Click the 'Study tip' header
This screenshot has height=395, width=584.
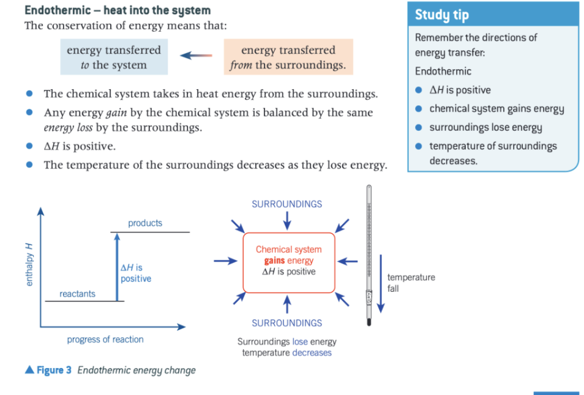tap(441, 15)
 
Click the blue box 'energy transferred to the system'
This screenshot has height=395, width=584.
tap(114, 57)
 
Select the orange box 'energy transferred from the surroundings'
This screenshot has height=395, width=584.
tap(288, 57)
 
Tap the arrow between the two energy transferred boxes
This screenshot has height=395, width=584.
tap(196, 56)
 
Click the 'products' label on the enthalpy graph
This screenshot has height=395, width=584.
tap(145, 223)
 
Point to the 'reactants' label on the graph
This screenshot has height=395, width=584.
tap(77, 294)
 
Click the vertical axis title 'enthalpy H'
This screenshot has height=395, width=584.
tap(27, 265)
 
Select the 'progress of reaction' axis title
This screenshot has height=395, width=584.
tap(105, 339)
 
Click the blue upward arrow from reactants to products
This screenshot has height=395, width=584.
tap(116, 266)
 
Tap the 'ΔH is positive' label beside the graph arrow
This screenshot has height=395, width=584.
tap(135, 273)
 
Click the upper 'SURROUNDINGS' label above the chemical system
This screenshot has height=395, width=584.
tap(286, 204)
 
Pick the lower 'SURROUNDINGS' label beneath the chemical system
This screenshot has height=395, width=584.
tap(286, 323)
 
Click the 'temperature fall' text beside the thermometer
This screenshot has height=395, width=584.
tap(410, 282)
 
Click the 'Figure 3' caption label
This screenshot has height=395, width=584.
tap(49, 370)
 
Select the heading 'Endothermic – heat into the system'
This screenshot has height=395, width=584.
tap(117, 10)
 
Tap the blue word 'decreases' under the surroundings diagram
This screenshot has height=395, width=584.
tap(312, 353)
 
